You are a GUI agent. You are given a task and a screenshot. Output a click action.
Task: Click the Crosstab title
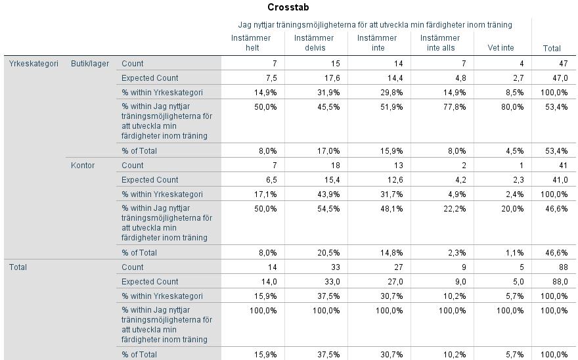pyautogui.click(x=288, y=7)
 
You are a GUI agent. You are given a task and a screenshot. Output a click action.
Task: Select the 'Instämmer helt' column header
pyautogui.click(x=251, y=43)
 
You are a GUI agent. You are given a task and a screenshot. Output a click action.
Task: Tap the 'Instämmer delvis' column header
pyautogui.click(x=314, y=43)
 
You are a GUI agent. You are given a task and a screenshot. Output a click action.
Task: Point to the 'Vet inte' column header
pyautogui.click(x=500, y=47)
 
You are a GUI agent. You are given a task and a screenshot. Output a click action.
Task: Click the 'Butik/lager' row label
pyautogui.click(x=90, y=64)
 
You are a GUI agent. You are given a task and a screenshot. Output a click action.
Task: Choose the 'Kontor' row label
pyautogui.click(x=83, y=166)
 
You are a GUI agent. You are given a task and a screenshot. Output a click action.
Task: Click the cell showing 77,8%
pyautogui.click(x=455, y=107)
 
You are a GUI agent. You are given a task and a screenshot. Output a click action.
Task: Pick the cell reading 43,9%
pyautogui.click(x=328, y=194)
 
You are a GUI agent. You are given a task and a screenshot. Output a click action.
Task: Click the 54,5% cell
pyautogui.click(x=328, y=209)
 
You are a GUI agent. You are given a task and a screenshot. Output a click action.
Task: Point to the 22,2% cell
pyautogui.click(x=455, y=209)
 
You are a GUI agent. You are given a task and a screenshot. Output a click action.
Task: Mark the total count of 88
pyautogui.click(x=564, y=267)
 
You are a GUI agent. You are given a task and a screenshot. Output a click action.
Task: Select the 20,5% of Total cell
pyautogui.click(x=328, y=253)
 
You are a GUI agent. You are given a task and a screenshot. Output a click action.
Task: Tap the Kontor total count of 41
pyautogui.click(x=564, y=166)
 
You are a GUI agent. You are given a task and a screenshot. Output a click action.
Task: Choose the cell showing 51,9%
pyautogui.click(x=391, y=107)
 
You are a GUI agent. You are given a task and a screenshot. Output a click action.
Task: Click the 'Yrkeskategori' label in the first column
pyautogui.click(x=33, y=64)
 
